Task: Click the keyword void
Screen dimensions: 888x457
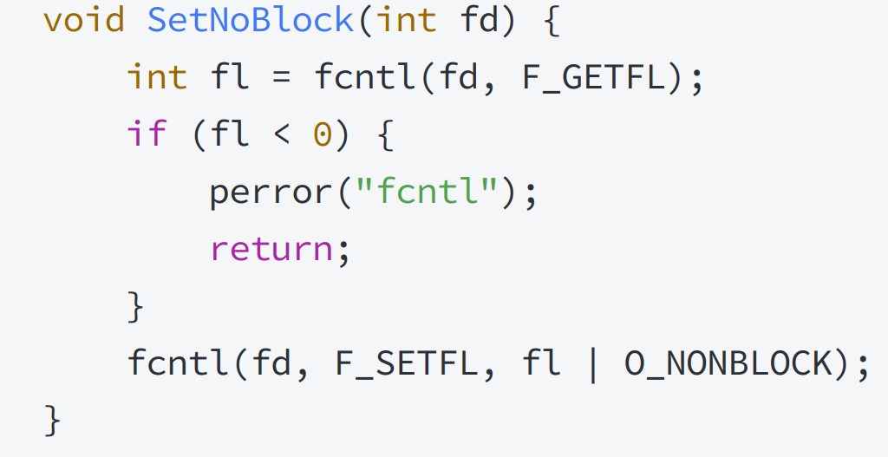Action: click(x=84, y=21)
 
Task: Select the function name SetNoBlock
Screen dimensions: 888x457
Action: click(x=251, y=21)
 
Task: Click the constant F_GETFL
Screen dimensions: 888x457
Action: click(x=593, y=78)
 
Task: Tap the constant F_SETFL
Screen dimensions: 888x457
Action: click(x=407, y=363)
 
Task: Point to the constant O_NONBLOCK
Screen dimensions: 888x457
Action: click(x=728, y=363)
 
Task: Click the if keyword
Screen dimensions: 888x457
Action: click(x=147, y=134)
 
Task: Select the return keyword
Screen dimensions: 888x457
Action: click(x=271, y=249)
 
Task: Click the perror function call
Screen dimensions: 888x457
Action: click(x=271, y=193)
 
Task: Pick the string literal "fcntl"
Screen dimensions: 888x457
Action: click(x=427, y=191)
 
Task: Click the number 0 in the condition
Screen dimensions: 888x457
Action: click(x=323, y=135)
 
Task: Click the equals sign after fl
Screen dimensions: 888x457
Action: click(x=282, y=79)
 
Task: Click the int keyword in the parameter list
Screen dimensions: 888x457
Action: click(x=407, y=21)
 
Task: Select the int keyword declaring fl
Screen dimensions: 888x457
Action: click(x=157, y=77)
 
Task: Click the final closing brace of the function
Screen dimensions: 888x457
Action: click(x=52, y=421)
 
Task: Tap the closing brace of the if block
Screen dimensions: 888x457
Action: click(x=136, y=306)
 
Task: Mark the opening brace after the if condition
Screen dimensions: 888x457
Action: click(x=385, y=135)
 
